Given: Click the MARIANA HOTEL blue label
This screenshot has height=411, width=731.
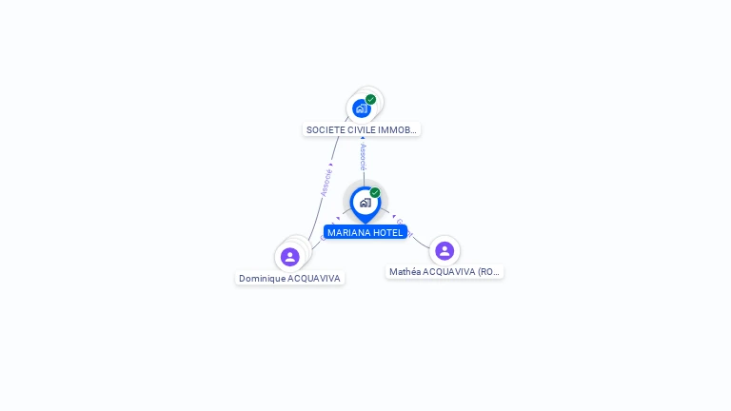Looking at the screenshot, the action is click(365, 232).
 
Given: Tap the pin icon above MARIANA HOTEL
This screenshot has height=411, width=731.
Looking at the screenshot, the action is click(365, 203).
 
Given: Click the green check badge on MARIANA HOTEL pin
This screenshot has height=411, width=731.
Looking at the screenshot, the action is click(375, 193).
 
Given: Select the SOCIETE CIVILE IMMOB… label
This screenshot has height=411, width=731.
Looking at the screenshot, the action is click(362, 129).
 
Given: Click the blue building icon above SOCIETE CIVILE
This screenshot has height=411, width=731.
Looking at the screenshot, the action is click(361, 108).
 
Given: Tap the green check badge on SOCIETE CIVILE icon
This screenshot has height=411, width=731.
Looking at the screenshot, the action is click(370, 100).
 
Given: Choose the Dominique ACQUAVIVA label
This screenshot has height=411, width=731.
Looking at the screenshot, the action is click(289, 278).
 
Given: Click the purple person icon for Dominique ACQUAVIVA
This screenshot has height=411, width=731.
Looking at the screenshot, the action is click(290, 257).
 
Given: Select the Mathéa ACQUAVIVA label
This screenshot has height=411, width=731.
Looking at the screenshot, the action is click(445, 271).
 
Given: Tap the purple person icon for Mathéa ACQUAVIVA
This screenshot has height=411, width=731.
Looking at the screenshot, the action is click(445, 250).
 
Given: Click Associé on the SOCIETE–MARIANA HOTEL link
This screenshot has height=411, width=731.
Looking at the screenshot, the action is click(363, 157).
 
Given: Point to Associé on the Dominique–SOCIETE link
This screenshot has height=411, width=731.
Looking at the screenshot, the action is click(326, 183).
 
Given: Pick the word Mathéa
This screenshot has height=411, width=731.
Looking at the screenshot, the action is click(405, 271).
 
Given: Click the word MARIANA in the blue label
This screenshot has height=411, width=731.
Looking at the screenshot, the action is click(349, 232).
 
